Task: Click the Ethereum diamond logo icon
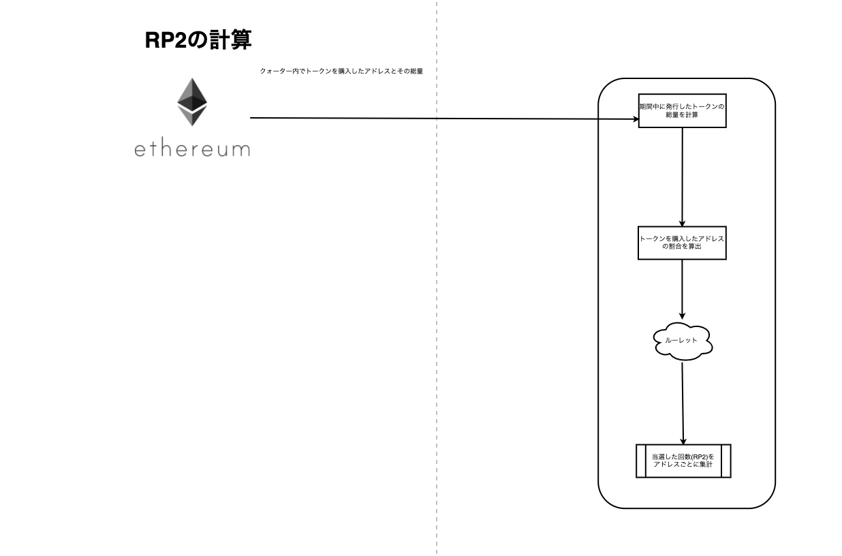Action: [192, 102]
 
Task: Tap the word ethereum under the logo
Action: [192, 148]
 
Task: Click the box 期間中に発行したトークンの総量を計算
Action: [682, 110]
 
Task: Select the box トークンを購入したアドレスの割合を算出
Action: [682, 243]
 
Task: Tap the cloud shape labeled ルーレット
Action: [683, 340]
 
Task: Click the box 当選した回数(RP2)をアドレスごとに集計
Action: [683, 461]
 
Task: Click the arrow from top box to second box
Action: [682, 177]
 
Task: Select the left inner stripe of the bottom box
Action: [640, 461]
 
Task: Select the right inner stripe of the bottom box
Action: [726, 461]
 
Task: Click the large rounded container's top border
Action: [686, 79]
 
